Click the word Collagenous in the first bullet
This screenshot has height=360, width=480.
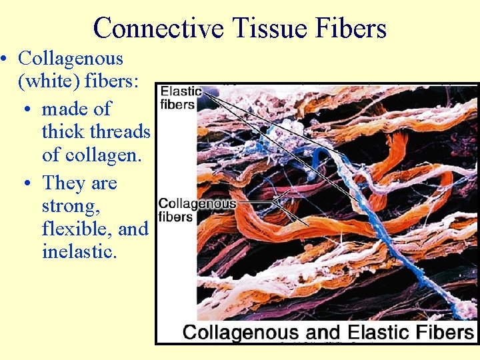pos(71,59)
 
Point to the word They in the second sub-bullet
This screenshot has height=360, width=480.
pos(63,183)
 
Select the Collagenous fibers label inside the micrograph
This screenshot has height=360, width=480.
pos(197,210)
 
